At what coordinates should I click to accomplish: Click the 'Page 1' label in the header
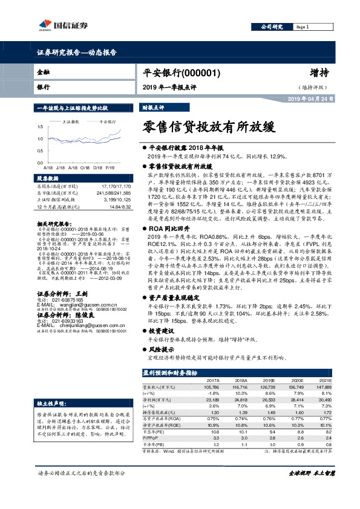pos(303,27)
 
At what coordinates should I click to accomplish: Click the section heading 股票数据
pos(48,179)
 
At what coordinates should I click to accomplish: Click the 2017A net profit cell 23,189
pos(211,401)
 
